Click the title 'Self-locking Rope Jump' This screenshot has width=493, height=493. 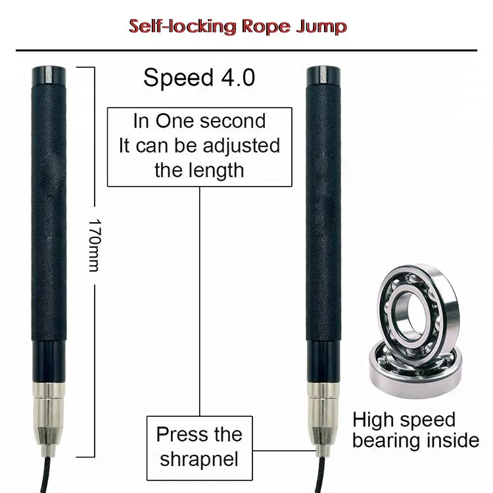tap(237, 26)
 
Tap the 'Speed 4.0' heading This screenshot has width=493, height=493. tap(199, 78)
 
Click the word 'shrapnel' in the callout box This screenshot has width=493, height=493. tap(199, 458)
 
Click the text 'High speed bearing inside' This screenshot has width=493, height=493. tap(415, 430)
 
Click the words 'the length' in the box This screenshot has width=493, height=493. tap(199, 170)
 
